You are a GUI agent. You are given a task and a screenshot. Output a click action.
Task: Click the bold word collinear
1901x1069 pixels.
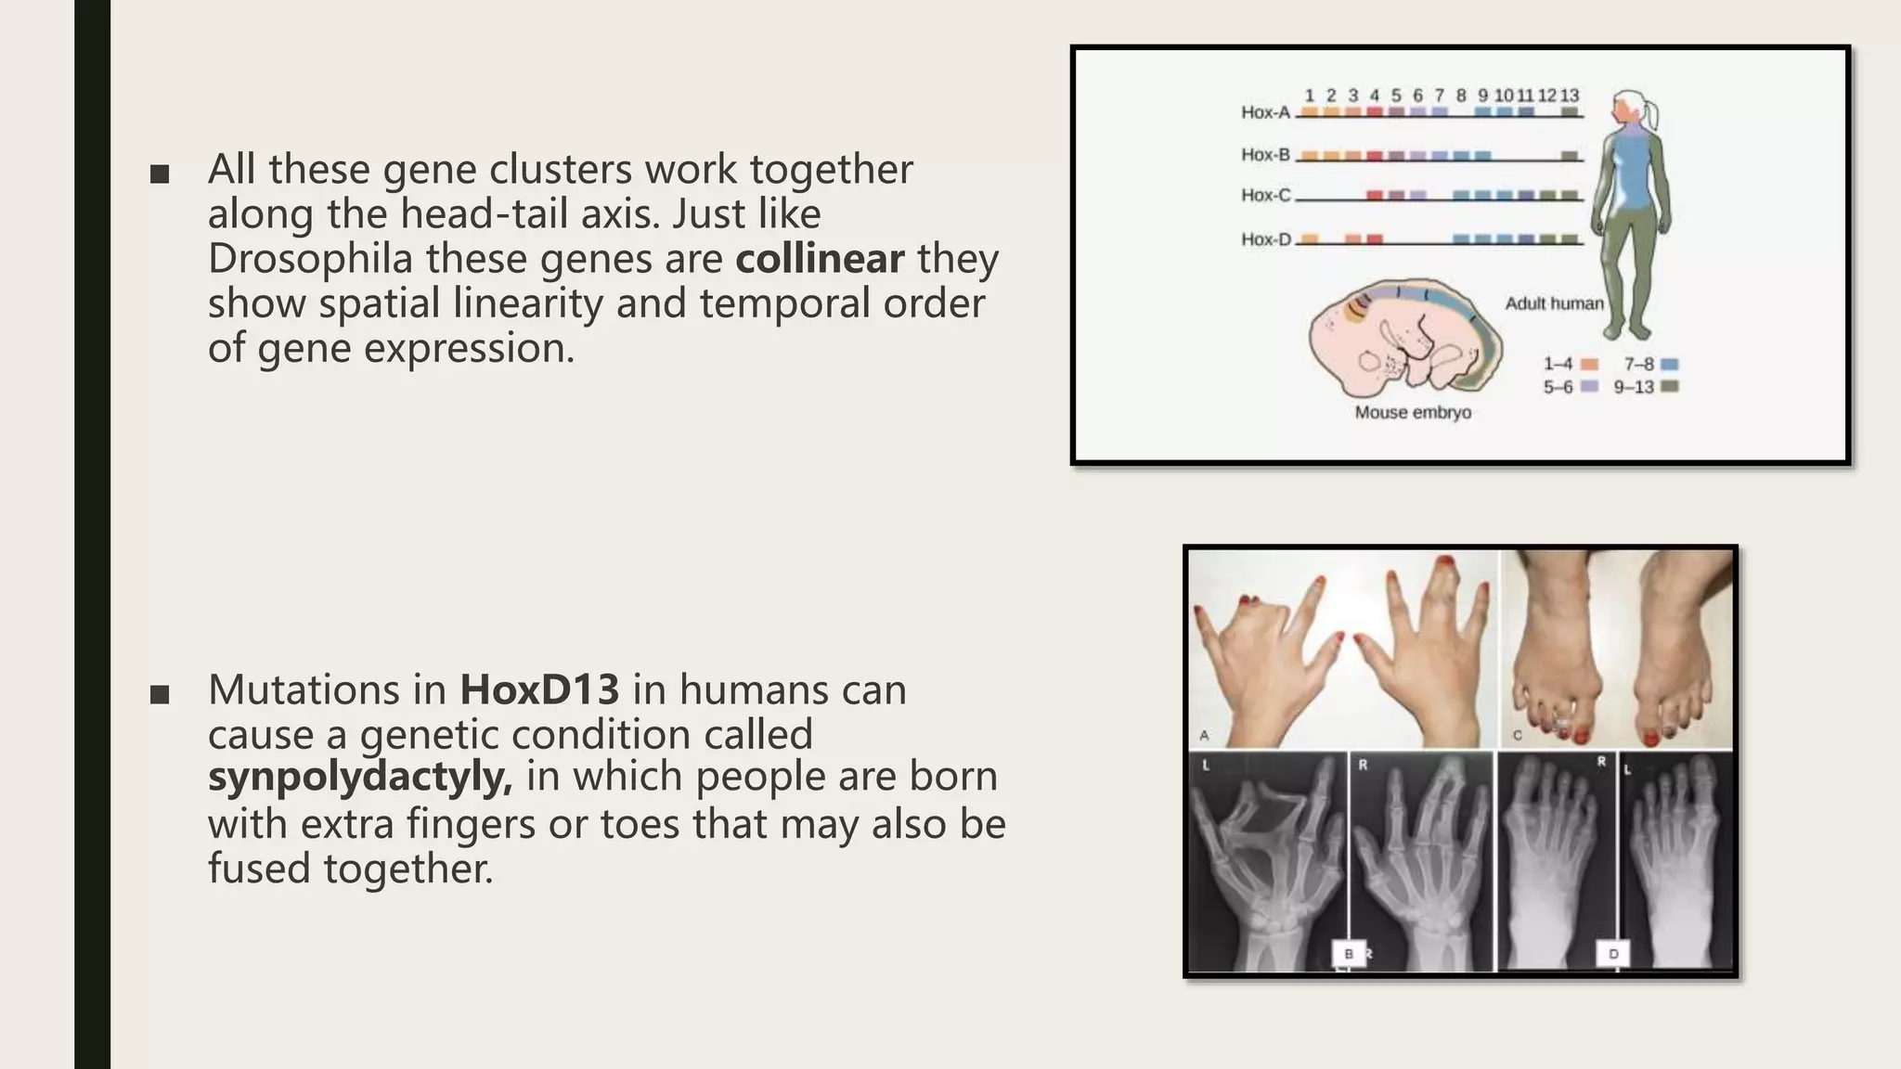(x=820, y=259)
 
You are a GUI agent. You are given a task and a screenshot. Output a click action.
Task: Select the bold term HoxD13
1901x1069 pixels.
(x=539, y=689)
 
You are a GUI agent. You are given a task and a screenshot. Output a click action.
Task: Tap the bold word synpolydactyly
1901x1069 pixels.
(x=360, y=777)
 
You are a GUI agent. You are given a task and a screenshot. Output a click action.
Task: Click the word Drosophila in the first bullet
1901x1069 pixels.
(x=310, y=259)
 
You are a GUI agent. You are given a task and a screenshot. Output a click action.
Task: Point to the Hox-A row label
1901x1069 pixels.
(x=1265, y=112)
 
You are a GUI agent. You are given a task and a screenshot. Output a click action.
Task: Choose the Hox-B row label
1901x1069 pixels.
(x=1265, y=154)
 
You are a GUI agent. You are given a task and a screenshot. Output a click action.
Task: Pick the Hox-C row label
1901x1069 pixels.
(x=1265, y=195)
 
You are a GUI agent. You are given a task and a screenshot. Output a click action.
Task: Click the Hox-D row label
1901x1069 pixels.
(x=1265, y=239)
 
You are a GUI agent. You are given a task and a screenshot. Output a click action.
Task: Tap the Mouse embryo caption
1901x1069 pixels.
(x=1413, y=412)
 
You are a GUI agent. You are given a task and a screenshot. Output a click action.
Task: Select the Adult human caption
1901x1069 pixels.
(x=1554, y=303)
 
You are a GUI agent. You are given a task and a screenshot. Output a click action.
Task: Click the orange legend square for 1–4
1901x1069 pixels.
(x=1589, y=365)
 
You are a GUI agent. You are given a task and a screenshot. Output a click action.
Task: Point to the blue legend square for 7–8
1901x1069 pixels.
(x=1670, y=365)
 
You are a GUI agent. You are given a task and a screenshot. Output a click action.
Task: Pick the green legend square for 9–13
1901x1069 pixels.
(x=1670, y=387)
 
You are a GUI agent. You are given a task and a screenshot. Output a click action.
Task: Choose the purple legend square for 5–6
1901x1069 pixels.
(x=1589, y=387)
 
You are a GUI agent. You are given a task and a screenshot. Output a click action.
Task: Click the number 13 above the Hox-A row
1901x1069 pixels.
(x=1569, y=96)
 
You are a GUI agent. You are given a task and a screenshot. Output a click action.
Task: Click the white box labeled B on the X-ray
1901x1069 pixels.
(x=1349, y=954)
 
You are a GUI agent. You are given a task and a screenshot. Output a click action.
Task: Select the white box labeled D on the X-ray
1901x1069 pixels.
(x=1613, y=954)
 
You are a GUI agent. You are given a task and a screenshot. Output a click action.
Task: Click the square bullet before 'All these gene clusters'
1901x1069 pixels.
(x=160, y=174)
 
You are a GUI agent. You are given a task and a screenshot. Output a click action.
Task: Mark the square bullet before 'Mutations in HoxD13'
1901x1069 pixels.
(x=160, y=694)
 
